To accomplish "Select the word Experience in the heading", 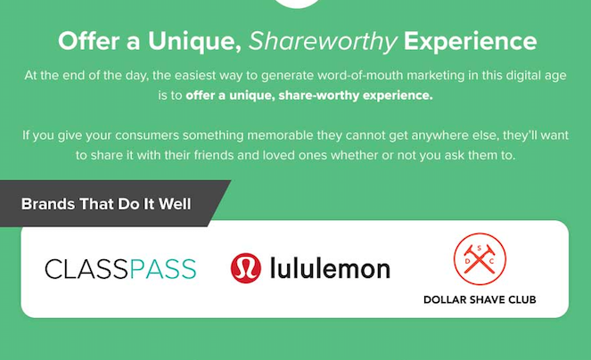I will pyautogui.click(x=471, y=41).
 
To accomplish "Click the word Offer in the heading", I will pyautogui.click(x=86, y=41).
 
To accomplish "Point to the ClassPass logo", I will pyautogui.click(x=120, y=268).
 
